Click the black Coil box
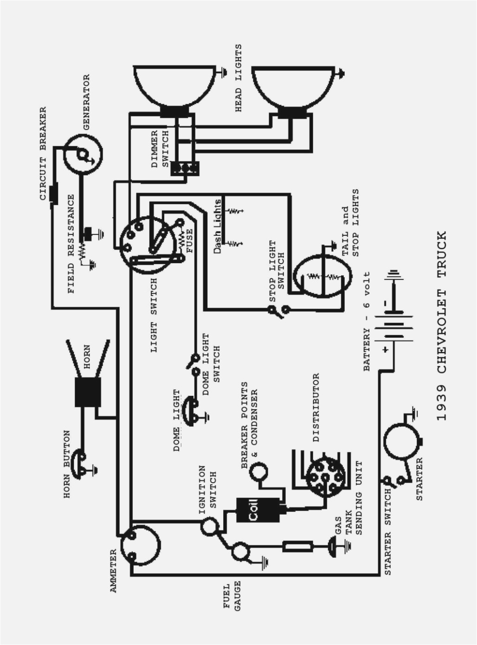259,510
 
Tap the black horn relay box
88,392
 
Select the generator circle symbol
83,154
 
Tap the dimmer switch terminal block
185,168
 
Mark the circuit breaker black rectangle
53,193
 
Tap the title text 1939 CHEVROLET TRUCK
441,325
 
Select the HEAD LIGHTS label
238,78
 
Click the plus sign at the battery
385,349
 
